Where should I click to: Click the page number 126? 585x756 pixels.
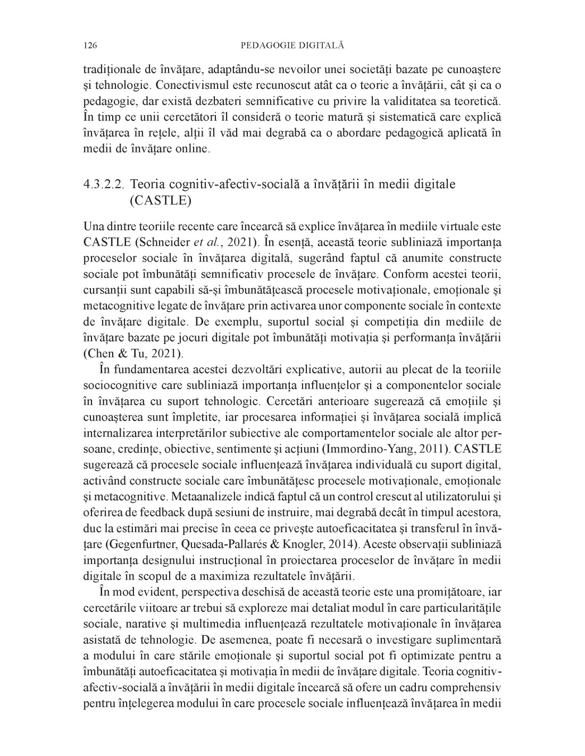(x=90, y=46)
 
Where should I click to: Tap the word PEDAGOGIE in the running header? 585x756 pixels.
(x=268, y=46)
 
